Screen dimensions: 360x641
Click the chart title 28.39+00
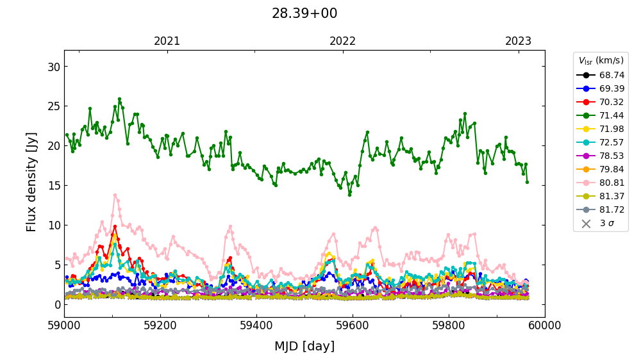304,13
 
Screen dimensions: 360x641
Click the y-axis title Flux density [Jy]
32,182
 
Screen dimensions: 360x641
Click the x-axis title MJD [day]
304,347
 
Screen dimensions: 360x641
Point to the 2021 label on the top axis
167,41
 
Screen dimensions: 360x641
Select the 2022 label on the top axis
342,41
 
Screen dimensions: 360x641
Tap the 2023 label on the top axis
518,41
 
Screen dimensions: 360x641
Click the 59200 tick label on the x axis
160,325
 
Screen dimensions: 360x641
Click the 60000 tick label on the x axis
545,325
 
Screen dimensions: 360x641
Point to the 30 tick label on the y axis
54,67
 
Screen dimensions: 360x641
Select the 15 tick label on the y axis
54,186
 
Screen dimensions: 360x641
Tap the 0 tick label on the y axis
57,304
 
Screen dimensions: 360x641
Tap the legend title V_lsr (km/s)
601,61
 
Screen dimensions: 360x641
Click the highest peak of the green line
119,99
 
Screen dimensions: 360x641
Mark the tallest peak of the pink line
115,195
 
